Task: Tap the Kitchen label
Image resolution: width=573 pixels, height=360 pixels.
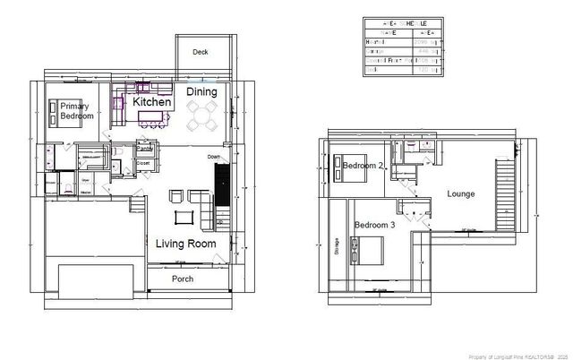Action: [152, 103]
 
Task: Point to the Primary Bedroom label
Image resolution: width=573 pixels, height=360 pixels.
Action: [76, 110]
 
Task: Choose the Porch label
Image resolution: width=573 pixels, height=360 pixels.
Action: [182, 279]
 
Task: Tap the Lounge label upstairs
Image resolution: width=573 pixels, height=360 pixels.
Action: [460, 193]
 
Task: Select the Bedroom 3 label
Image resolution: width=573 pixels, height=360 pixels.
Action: [374, 224]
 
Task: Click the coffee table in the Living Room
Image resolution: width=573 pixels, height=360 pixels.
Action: [184, 217]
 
